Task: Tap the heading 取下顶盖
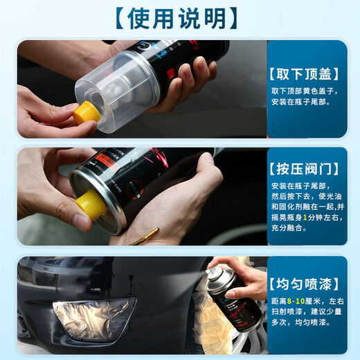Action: (307, 71)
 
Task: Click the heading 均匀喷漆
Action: (307, 283)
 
